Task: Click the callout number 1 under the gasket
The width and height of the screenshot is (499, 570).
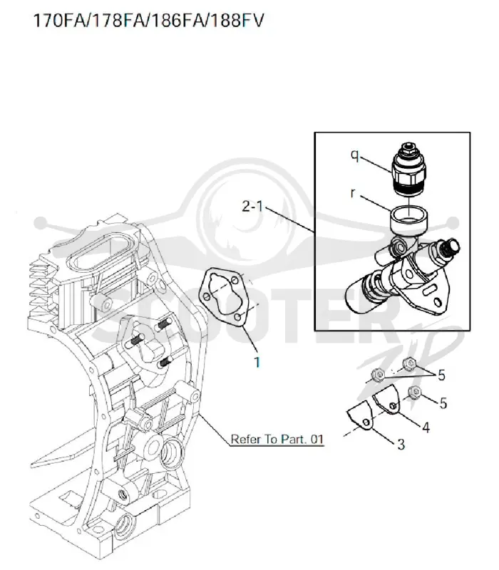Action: pyautogui.click(x=257, y=362)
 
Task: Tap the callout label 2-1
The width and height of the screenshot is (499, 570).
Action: pyautogui.click(x=252, y=206)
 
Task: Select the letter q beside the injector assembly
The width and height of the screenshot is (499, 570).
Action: pyautogui.click(x=355, y=155)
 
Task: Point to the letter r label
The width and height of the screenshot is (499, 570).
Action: pyautogui.click(x=352, y=193)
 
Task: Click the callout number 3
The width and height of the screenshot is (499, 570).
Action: pyautogui.click(x=401, y=444)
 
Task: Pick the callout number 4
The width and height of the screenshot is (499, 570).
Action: pyautogui.click(x=426, y=427)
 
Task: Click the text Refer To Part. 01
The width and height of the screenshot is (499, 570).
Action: pyautogui.click(x=277, y=439)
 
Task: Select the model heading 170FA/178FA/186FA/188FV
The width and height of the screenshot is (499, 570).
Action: pyautogui.click(x=148, y=21)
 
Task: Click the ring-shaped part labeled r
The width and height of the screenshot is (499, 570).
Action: pyautogui.click(x=408, y=219)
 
